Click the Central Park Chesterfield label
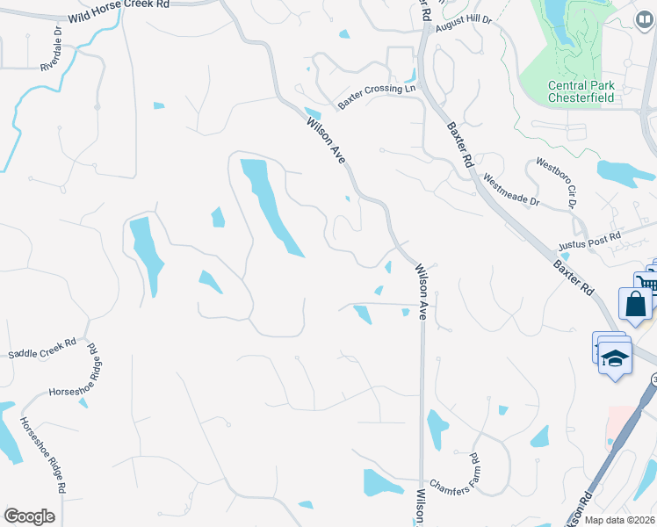pyautogui.click(x=580, y=91)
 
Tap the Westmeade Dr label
pyautogui.click(x=511, y=192)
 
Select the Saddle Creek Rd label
pyautogui.click(x=41, y=350)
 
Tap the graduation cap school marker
pyautogui.click(x=616, y=359)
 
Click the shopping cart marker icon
pyautogui.click(x=646, y=283)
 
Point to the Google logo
pyautogui.click(x=29, y=516)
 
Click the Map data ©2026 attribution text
pyautogui.click(x=620, y=520)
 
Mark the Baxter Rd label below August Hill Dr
pyautogui.click(x=460, y=145)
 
